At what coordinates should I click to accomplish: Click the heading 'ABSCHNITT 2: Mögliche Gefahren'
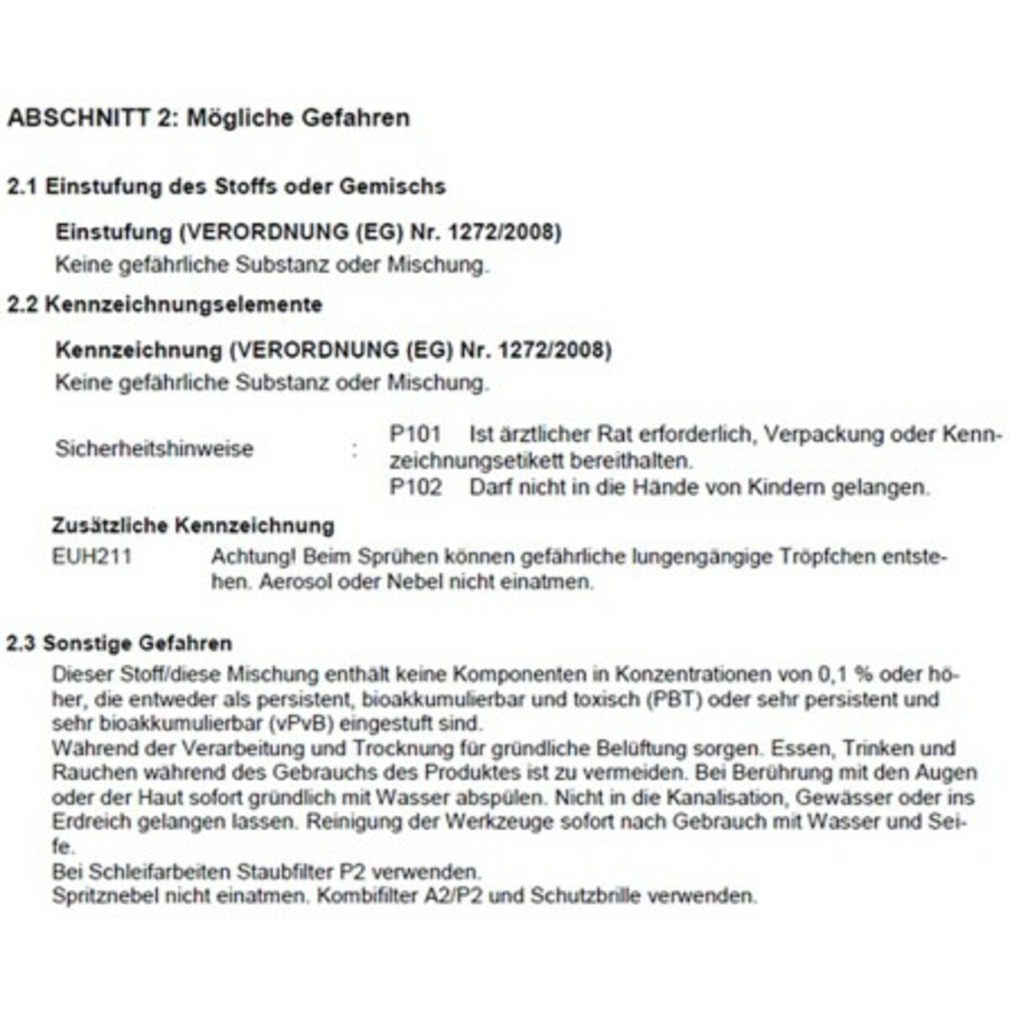click(208, 118)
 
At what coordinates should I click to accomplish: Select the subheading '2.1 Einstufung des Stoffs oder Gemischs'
click(226, 186)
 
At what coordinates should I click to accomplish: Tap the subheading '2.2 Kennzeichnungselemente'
click(165, 304)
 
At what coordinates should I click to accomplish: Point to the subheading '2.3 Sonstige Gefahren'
click(119, 644)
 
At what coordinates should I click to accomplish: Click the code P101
click(416, 435)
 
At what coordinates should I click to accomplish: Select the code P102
click(416, 487)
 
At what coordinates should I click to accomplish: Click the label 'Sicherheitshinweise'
click(154, 449)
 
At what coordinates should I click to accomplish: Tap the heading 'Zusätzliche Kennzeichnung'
click(193, 526)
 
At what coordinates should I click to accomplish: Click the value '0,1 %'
click(849, 674)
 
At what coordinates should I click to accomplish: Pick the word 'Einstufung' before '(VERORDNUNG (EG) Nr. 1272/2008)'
click(114, 231)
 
